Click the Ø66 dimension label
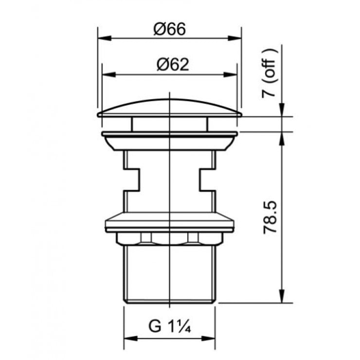170,30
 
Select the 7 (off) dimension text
270,72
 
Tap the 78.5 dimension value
270,215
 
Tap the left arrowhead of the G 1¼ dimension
129,337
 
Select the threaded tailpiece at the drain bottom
169,275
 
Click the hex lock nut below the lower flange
169,238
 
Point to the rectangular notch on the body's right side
206,180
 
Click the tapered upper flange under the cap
169,142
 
